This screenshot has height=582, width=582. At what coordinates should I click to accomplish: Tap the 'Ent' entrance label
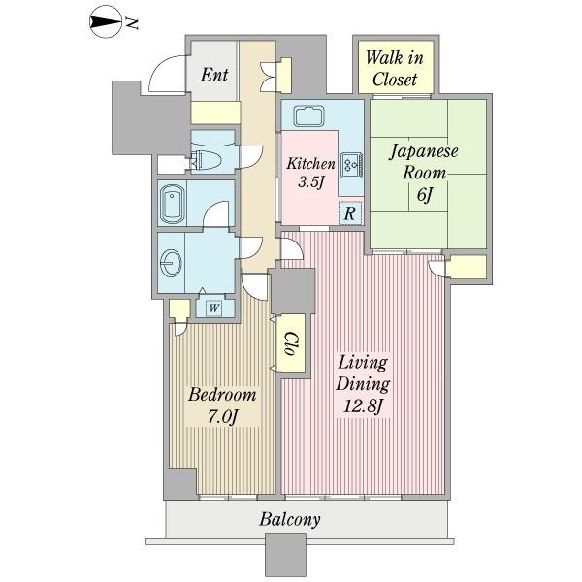[x=214, y=75]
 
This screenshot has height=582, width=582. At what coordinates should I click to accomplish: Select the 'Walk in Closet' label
[x=395, y=69]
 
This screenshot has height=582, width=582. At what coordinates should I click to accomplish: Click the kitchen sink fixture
[x=309, y=115]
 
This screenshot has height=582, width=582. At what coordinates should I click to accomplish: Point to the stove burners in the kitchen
[x=351, y=164]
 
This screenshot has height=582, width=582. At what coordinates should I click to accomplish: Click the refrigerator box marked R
[x=350, y=213]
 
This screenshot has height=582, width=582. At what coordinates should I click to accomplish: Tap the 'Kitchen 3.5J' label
[x=310, y=173]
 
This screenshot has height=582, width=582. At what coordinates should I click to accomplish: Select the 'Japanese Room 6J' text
[x=424, y=173]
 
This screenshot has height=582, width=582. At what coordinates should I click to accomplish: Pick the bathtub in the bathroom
[x=173, y=204]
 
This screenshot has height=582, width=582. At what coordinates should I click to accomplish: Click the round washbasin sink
[x=172, y=263]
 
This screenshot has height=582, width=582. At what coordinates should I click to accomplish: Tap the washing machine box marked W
[x=214, y=307]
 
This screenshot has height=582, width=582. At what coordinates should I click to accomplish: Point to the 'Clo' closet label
[x=291, y=343]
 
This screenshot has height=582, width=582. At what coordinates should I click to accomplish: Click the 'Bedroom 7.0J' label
[x=222, y=405]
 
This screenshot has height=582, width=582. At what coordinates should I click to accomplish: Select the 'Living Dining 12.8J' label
[x=364, y=384]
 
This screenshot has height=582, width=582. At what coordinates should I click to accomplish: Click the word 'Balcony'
[x=290, y=520]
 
